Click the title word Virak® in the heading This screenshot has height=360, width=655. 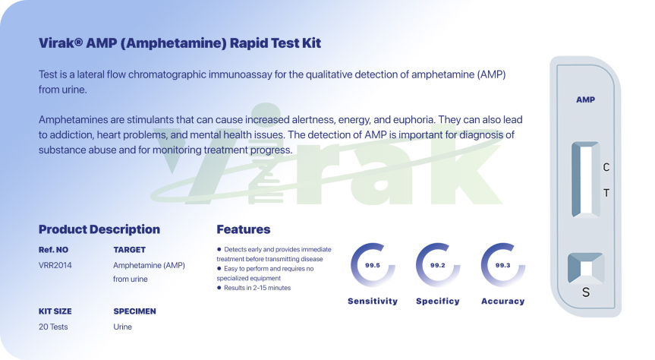coord(61,43)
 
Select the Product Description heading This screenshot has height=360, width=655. coord(99,229)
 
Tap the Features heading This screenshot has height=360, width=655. coord(243,229)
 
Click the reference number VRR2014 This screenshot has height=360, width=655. coord(55,265)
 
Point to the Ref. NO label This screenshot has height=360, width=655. coord(53,250)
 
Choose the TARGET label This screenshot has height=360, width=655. coord(130,250)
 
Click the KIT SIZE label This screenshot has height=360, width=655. coord(55,311)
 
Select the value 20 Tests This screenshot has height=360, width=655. coord(53,327)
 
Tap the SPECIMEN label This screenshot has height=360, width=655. coord(134,311)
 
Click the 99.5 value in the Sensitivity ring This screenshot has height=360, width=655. coord(373,265)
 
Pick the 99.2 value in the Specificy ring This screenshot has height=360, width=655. coord(438,265)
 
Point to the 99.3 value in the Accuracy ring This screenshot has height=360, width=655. coord(503,265)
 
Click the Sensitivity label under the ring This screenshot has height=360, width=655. coord(373,301)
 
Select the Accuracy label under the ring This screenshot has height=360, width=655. coord(503,301)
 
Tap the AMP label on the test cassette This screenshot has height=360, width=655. coord(585,99)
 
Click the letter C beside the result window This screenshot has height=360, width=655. coord(606,167)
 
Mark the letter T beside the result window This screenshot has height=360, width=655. coord(606,193)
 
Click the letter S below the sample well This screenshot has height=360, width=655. coord(586,292)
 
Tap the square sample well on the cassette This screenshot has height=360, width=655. coord(586,268)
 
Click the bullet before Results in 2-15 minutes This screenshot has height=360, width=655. coord(219,288)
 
